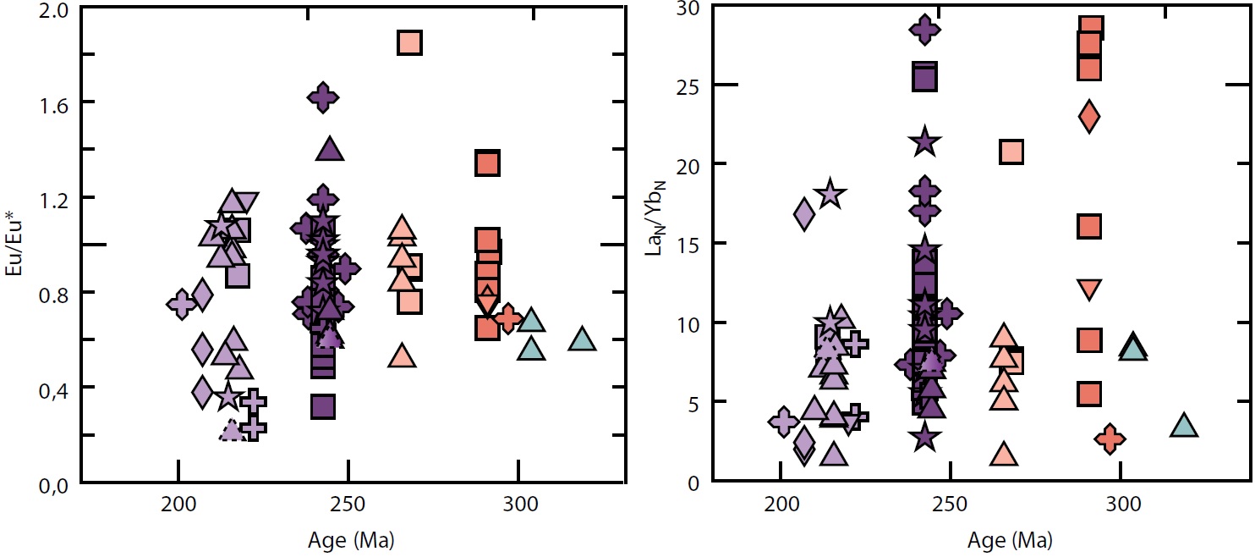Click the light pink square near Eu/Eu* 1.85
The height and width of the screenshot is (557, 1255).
pos(409,42)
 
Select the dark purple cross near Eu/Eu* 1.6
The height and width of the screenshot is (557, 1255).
pos(323,98)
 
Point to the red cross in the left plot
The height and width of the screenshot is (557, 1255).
pos(508,318)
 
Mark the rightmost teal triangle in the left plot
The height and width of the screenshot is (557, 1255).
pos(583,339)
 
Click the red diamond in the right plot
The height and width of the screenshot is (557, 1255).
pos(1089,115)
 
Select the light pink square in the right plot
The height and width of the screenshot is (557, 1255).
pos(1011,152)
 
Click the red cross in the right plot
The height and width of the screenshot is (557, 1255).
pos(1110,438)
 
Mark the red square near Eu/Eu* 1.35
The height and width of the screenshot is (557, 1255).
pos(487,163)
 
